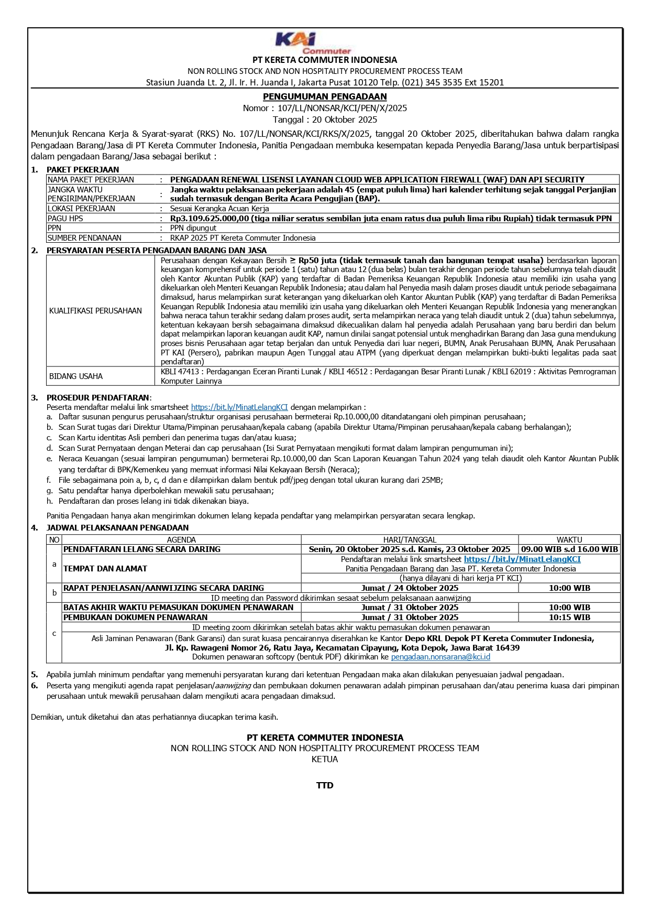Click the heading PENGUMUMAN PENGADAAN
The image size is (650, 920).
[325, 96]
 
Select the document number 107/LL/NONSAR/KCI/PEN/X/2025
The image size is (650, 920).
[342, 108]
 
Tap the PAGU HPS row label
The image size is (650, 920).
[65, 219]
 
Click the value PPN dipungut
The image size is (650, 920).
[193, 228]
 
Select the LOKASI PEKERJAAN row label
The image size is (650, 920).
[81, 209]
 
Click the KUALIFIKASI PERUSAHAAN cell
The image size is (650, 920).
[95, 311]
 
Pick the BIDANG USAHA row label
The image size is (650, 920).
[76, 376]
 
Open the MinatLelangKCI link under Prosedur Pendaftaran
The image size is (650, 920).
[239, 407]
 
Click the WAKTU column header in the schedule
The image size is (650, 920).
[569, 539]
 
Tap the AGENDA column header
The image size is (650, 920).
[181, 539]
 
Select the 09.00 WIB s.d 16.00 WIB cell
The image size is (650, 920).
[569, 549]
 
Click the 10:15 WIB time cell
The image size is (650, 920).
[569, 618]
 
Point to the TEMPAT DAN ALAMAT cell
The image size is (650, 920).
[105, 569]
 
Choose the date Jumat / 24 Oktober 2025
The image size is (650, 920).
[410, 588]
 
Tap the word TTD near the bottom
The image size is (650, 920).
[325, 785]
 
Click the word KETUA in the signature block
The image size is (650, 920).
[325, 759]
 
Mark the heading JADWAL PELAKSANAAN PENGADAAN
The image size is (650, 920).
[117, 528]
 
